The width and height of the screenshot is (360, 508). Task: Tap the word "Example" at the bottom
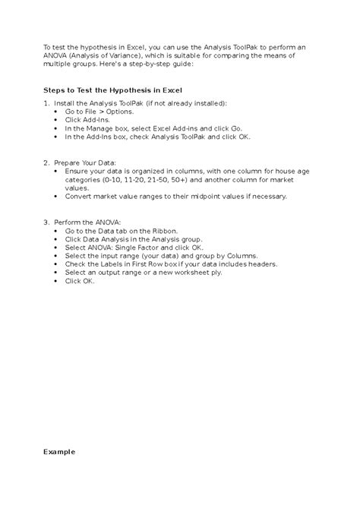[59, 452]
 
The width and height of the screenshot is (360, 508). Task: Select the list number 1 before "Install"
[46, 103]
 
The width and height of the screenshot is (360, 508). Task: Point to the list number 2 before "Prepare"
[46, 162]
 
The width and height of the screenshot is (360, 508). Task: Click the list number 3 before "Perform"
[46, 221]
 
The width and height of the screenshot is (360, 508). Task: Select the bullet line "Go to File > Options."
[99, 112]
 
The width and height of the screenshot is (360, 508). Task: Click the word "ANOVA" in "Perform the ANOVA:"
[105, 221]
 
